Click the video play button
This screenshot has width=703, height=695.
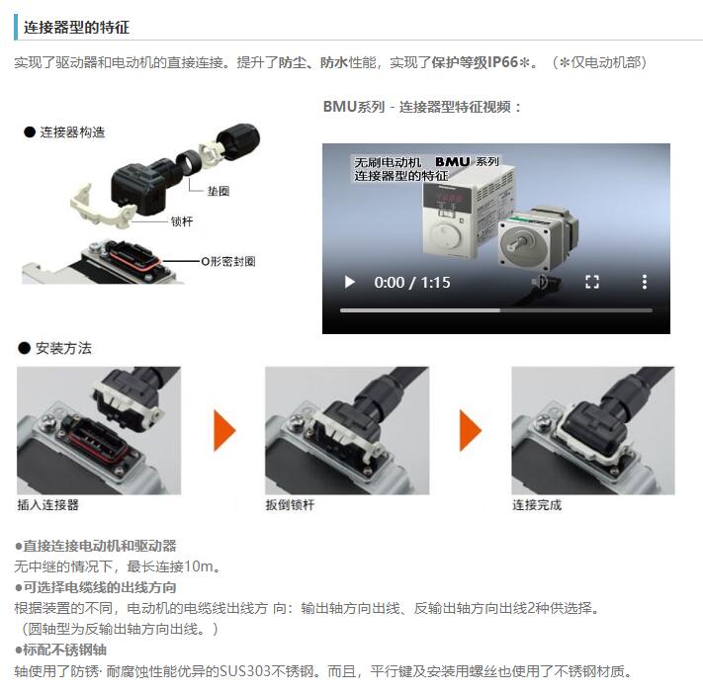350,282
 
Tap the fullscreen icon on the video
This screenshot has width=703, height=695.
592,282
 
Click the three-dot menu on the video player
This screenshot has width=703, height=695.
645,282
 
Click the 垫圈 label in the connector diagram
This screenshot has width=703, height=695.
219,192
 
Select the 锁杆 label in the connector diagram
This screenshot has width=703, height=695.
182,221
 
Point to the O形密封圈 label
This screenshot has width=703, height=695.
228,261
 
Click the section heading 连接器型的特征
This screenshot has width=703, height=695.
76,28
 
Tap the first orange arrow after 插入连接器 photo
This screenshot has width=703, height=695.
224,430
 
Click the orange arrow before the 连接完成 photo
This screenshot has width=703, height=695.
471,430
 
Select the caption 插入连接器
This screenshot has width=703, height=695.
48,505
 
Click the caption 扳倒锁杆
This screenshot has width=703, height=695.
290,505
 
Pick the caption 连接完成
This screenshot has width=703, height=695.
537,505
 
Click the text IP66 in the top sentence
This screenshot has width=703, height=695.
502,62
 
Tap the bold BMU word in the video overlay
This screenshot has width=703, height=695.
453,161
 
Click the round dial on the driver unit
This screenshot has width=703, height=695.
446,234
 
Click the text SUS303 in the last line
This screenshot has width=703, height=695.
245,671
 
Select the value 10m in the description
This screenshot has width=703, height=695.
199,566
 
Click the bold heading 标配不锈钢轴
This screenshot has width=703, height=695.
64,651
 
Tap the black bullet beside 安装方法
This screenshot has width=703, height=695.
24,348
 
